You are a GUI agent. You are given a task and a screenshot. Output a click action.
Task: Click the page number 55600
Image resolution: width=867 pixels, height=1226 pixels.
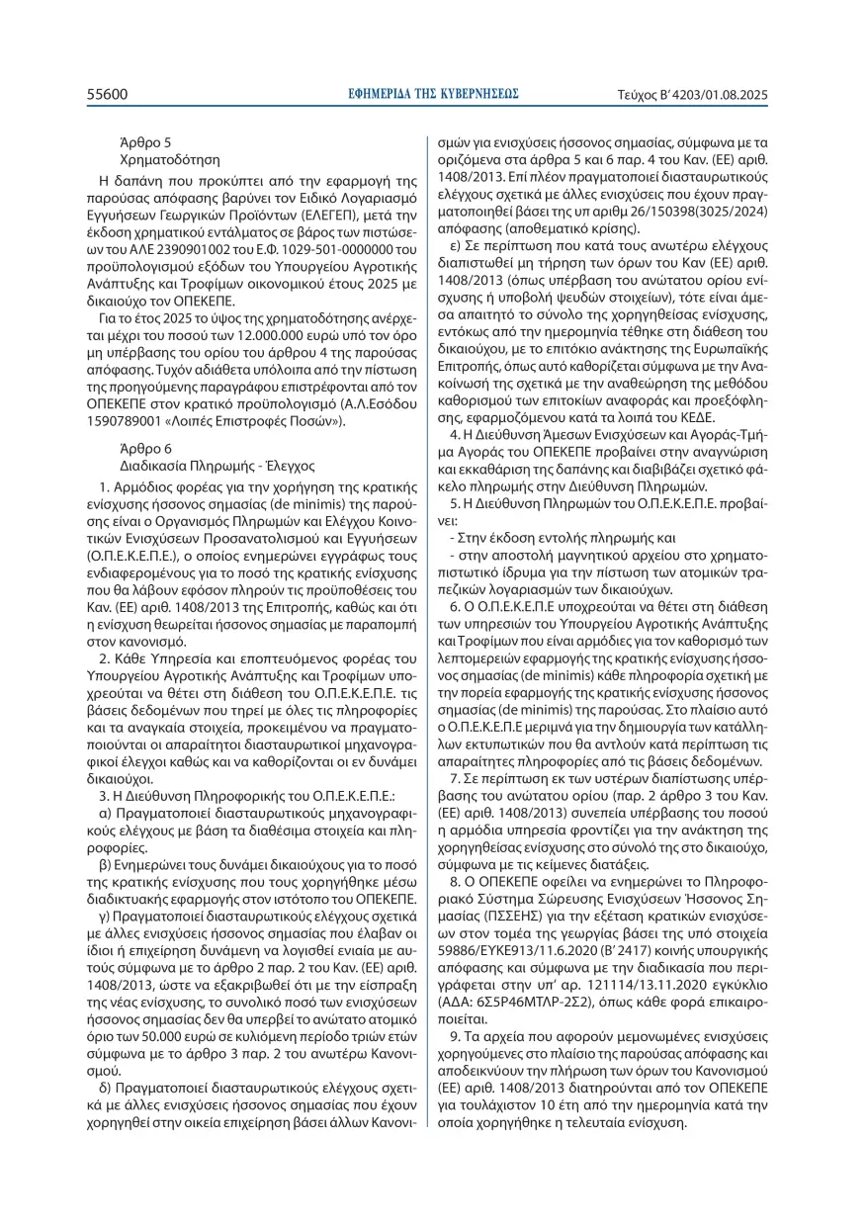click(x=108, y=95)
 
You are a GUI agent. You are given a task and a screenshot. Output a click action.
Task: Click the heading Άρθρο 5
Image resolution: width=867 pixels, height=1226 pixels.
click(x=144, y=142)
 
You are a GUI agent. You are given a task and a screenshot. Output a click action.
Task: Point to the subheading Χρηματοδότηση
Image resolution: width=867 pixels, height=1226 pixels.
click(x=170, y=158)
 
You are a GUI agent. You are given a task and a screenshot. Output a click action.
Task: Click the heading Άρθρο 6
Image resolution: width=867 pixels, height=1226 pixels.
click(x=144, y=447)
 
